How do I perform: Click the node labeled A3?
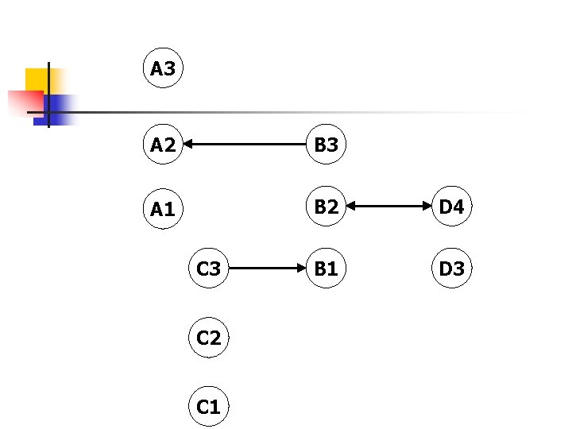[x=163, y=69]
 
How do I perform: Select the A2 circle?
[x=163, y=145]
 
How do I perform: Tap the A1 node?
[x=163, y=209]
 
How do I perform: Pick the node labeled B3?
[x=326, y=145]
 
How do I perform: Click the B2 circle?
[x=326, y=207]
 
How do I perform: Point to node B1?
[x=326, y=269]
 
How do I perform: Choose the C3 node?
[x=208, y=269]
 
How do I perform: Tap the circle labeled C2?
[x=208, y=338]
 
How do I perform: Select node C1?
[x=208, y=407]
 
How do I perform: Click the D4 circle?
[x=451, y=207]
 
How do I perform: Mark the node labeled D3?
[x=451, y=269]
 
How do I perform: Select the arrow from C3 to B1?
[x=267, y=269]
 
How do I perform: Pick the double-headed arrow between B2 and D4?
[x=388, y=207]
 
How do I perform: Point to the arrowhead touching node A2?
[x=190, y=145]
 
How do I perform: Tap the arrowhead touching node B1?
[x=300, y=269]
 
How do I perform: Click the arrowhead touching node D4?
[x=426, y=207]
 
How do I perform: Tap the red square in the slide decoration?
[x=24, y=102]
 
